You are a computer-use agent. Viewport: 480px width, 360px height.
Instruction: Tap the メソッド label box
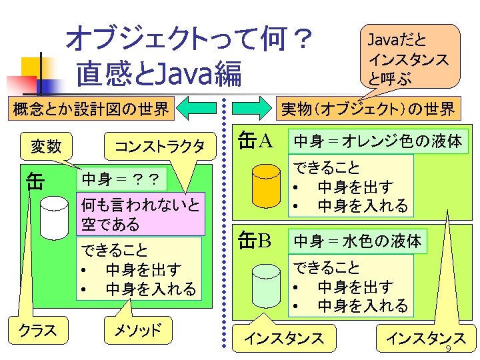pyautogui.click(x=139, y=329)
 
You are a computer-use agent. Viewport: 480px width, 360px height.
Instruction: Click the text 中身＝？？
pyautogui.click(x=121, y=179)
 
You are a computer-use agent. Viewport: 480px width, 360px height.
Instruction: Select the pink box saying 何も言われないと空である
pyautogui.click(x=141, y=214)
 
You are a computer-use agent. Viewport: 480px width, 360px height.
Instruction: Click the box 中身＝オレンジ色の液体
pyautogui.click(x=378, y=141)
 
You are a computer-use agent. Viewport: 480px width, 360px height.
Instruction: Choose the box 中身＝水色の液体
pyautogui.click(x=358, y=241)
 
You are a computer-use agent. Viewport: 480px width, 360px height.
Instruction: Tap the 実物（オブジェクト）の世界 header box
pyautogui.click(x=367, y=108)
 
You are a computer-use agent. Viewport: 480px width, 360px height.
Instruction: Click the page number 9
pyautogui.click(x=448, y=350)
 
